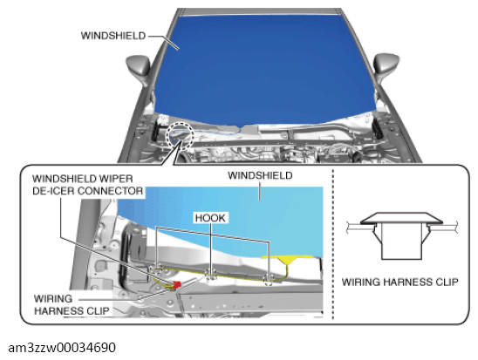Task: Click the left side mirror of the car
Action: click(x=138, y=70)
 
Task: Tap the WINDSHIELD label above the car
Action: click(x=113, y=36)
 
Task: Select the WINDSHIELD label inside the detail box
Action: click(x=260, y=175)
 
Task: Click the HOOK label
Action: click(x=210, y=218)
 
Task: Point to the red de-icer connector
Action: click(x=176, y=285)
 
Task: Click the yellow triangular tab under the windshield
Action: click(x=288, y=260)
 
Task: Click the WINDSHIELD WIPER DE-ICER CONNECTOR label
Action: click(x=87, y=185)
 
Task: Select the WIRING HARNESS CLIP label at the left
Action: click(x=72, y=304)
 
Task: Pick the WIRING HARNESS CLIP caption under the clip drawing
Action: click(x=399, y=282)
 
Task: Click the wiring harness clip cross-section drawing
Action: click(x=401, y=235)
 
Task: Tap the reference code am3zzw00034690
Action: click(x=62, y=348)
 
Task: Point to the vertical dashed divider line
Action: click(x=333, y=244)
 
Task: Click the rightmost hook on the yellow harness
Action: click(x=269, y=278)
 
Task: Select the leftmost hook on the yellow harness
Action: click(x=156, y=268)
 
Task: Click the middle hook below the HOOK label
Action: click(x=210, y=275)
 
